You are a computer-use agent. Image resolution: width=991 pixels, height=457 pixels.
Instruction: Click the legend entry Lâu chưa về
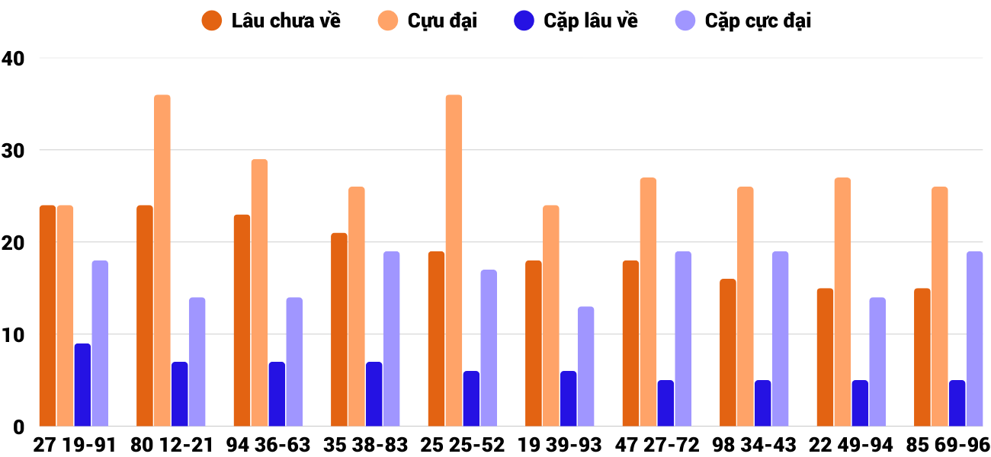[x=271, y=21]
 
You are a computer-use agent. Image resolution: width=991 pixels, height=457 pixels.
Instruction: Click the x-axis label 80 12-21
[x=172, y=445]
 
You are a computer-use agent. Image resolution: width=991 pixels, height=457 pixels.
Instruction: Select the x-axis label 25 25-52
[x=463, y=445]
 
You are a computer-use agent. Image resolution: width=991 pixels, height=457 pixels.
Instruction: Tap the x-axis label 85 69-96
[x=948, y=445]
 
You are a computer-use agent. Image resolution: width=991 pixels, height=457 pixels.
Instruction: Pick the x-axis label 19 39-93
[x=560, y=445]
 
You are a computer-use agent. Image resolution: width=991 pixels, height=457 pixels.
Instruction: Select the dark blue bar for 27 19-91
[x=82, y=385]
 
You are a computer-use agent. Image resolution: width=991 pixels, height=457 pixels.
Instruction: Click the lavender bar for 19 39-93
[x=585, y=366]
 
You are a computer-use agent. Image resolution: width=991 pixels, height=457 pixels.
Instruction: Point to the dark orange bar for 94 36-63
[x=242, y=321]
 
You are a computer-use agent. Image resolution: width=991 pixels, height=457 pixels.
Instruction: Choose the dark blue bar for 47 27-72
[x=665, y=403]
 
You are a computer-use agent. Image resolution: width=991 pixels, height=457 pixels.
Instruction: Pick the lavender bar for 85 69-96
[x=974, y=339]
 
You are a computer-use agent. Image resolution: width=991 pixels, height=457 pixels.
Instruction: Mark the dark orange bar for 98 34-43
[x=728, y=353]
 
